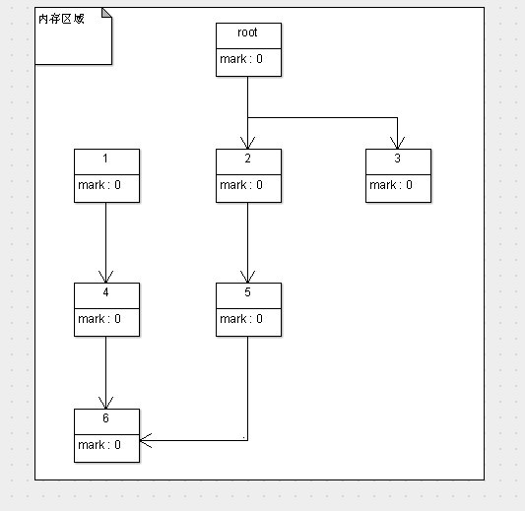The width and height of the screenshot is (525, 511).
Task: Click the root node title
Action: [x=247, y=32]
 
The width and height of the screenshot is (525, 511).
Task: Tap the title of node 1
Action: [x=105, y=160]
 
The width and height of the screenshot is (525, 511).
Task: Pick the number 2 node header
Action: [x=247, y=160]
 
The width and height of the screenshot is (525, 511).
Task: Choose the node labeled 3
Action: [x=397, y=160]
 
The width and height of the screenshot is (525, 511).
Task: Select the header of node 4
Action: [x=105, y=292]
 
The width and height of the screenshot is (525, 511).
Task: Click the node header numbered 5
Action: [x=247, y=292]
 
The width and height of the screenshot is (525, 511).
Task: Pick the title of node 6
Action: [x=105, y=418]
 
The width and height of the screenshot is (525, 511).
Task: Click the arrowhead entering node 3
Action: [x=397, y=143]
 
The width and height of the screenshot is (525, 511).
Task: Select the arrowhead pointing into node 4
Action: [x=105, y=277]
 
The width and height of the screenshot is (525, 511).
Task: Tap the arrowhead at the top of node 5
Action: [x=247, y=277]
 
